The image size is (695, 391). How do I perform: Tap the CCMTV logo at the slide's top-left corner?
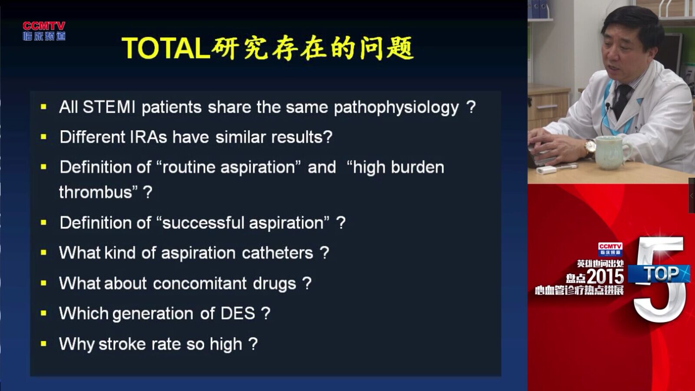pyautogui.click(x=44, y=31)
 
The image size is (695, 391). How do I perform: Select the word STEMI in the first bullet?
pyautogui.click(x=109, y=107)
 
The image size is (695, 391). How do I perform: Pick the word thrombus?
pyautogui.click(x=96, y=192)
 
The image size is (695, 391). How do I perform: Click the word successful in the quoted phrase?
pyautogui.click(x=203, y=222)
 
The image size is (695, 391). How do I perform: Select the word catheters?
pyautogui.click(x=278, y=253)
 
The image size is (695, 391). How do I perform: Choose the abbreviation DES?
pyautogui.click(x=238, y=313)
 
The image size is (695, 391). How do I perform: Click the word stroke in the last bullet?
pyautogui.click(x=122, y=344)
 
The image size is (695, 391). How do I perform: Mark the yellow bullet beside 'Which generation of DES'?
pyautogui.click(x=43, y=313)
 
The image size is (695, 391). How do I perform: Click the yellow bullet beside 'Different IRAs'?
pyautogui.click(x=43, y=137)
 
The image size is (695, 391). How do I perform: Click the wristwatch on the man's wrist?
pyautogui.click(x=590, y=147)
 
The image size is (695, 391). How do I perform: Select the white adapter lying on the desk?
pyautogui.click(x=546, y=170)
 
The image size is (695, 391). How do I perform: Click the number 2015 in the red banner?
pyautogui.click(x=605, y=276)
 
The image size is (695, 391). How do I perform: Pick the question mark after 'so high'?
pyautogui.click(x=253, y=344)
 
